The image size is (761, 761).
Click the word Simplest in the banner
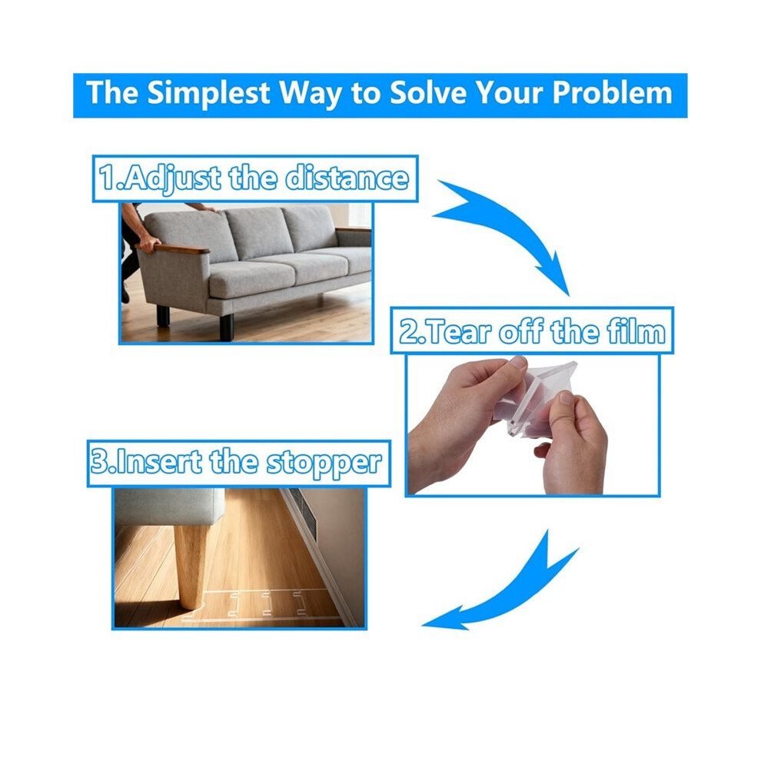pos(208,94)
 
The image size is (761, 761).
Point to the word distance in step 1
pos(347,178)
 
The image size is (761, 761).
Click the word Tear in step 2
pos(460,332)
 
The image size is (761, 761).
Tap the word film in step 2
pos(636,331)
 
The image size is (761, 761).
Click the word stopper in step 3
pos(324,464)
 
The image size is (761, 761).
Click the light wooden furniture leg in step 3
pos(191,567)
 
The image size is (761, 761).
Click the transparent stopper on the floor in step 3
pos(252,606)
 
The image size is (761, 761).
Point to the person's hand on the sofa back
pos(203,208)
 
